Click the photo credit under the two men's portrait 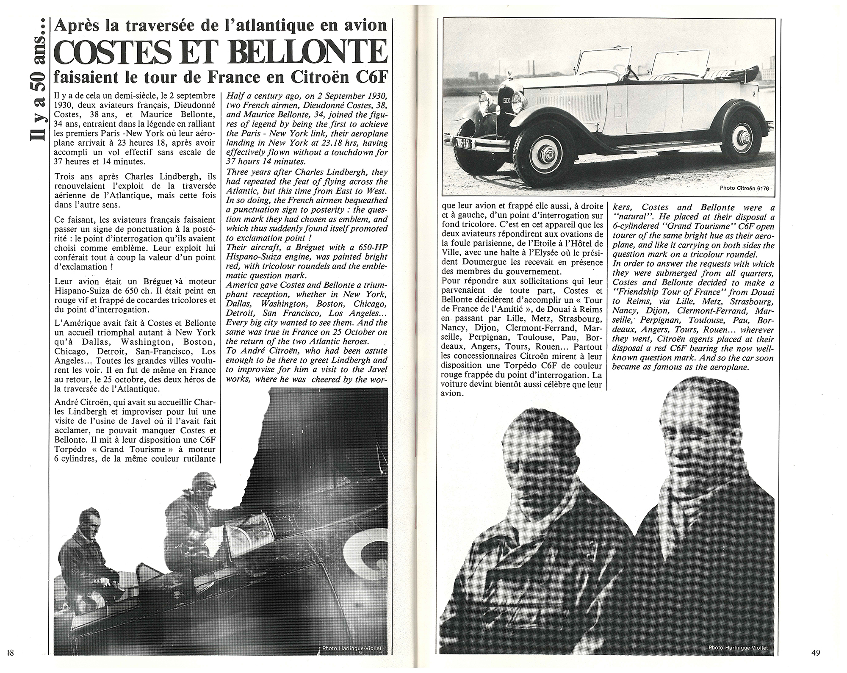tap(737, 648)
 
